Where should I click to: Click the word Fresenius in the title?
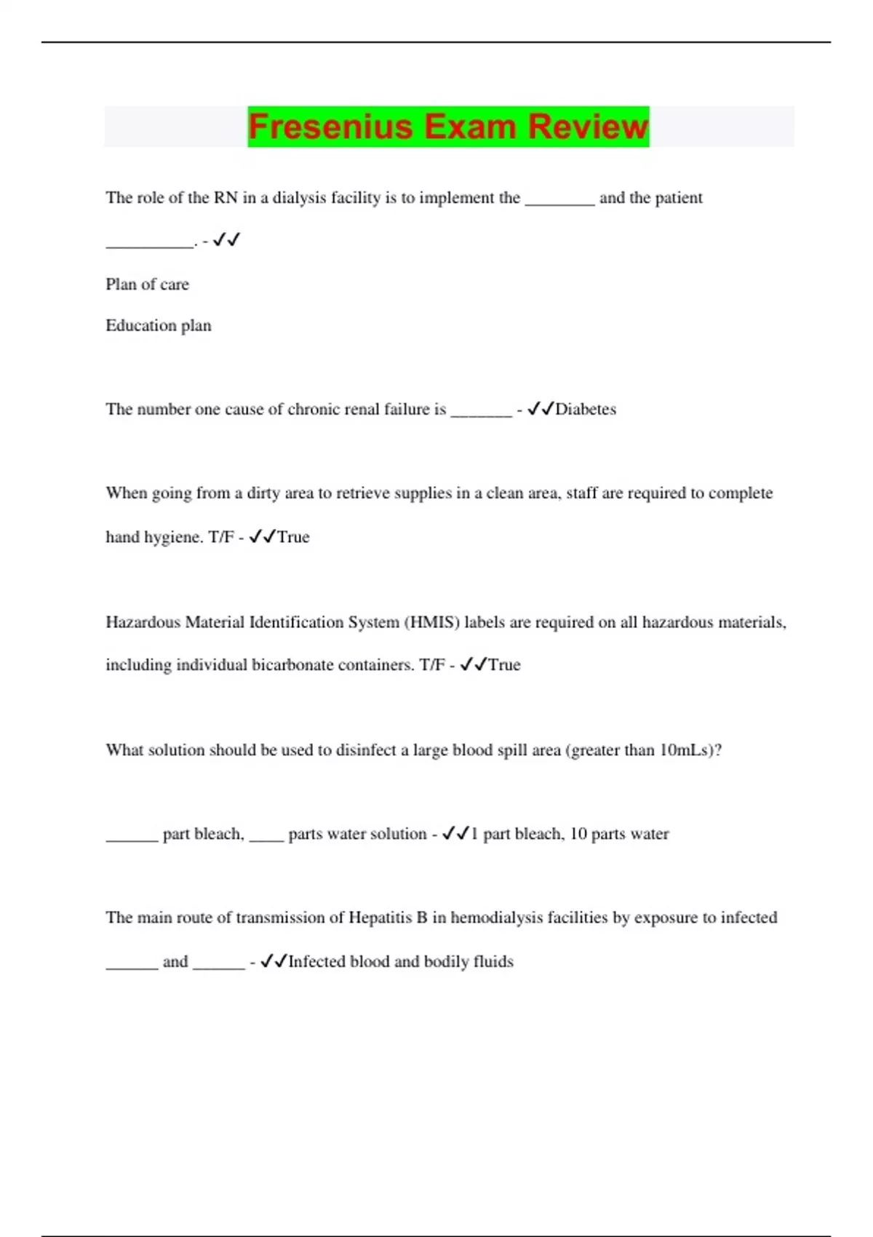click(330, 127)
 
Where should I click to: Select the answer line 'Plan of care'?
click(147, 285)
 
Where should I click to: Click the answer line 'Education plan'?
click(159, 326)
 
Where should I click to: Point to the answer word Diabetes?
click(586, 410)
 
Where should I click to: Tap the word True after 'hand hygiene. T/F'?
click(293, 538)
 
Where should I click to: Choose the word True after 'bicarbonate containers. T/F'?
click(504, 665)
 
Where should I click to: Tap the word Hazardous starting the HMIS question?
click(143, 623)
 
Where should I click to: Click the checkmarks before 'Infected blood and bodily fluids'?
click(274, 962)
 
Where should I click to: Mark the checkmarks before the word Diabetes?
click(541, 410)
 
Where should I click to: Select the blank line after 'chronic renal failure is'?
click(482, 413)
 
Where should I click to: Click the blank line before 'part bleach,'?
click(132, 838)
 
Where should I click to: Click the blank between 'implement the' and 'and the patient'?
click(559, 202)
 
